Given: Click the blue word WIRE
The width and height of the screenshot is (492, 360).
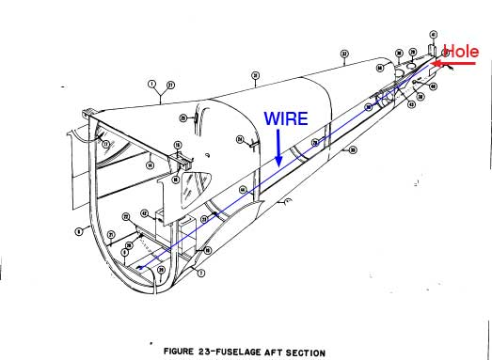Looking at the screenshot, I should click(284, 119).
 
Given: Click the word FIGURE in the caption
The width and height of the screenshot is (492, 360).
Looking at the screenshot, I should click(180, 352).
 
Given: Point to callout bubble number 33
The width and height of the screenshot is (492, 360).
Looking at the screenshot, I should click(344, 55).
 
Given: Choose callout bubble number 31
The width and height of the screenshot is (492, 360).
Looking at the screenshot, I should click(255, 74).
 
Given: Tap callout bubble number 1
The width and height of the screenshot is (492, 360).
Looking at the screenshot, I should click(151, 85).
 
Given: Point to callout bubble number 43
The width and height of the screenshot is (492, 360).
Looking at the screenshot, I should click(411, 104).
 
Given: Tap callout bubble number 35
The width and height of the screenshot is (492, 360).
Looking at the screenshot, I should click(353, 149).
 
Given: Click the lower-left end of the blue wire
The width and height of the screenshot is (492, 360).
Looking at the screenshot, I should click(139, 268).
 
